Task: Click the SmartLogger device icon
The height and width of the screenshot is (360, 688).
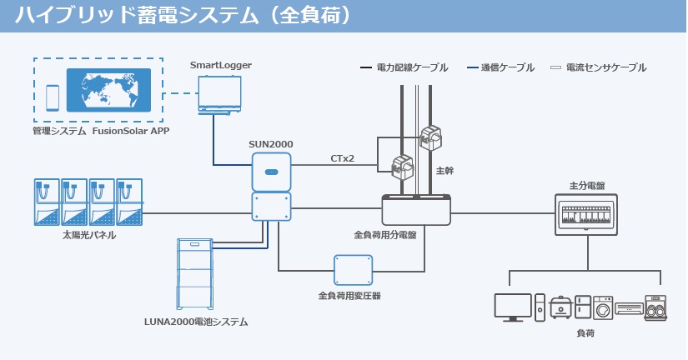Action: click(220, 93)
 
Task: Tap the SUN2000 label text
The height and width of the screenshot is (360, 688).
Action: click(270, 144)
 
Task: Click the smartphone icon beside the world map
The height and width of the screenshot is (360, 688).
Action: click(52, 97)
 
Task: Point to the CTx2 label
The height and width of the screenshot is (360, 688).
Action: click(342, 157)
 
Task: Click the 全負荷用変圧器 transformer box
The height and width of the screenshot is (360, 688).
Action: click(353, 269)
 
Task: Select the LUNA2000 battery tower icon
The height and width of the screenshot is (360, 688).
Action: click(197, 274)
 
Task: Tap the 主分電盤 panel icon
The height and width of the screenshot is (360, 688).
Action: click(585, 212)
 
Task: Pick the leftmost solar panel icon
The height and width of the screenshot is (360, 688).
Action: click(47, 202)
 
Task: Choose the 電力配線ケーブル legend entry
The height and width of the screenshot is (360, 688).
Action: click(404, 67)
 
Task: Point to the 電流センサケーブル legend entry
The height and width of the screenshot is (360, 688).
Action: click(599, 67)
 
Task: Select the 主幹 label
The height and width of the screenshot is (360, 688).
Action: click(444, 170)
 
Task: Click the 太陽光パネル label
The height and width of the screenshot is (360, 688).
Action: click(89, 236)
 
